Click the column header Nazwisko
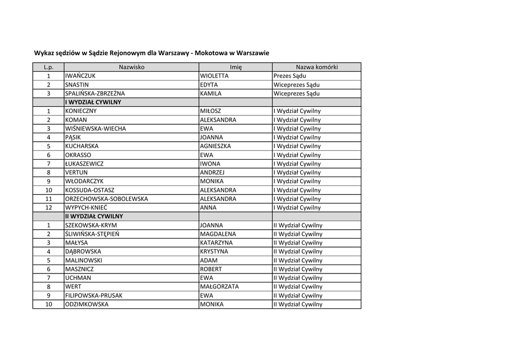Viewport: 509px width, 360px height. (x=131, y=67)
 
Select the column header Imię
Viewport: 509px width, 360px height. (x=236, y=67)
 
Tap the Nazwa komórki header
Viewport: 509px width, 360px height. (x=317, y=67)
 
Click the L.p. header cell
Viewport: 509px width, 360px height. (x=48, y=67)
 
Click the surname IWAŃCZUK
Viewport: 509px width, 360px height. (x=80, y=76)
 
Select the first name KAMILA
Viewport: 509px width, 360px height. (x=211, y=93)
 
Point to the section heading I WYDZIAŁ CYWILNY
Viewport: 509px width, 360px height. (x=93, y=102)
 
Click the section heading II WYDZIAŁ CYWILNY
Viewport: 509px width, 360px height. (x=94, y=217)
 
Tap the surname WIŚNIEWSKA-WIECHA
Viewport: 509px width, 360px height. (x=95, y=129)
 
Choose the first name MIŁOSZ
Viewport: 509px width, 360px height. (x=211, y=111)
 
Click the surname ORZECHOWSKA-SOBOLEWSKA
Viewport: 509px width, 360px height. (x=106, y=199)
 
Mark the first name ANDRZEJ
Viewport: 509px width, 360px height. (x=212, y=173)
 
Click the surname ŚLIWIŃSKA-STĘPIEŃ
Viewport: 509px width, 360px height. (x=92, y=234)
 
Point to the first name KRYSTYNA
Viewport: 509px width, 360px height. (x=214, y=252)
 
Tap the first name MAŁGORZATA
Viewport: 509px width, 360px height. (x=219, y=287)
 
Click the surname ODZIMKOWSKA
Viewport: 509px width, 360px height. (x=86, y=304)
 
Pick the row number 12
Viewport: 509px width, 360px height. (x=49, y=208)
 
